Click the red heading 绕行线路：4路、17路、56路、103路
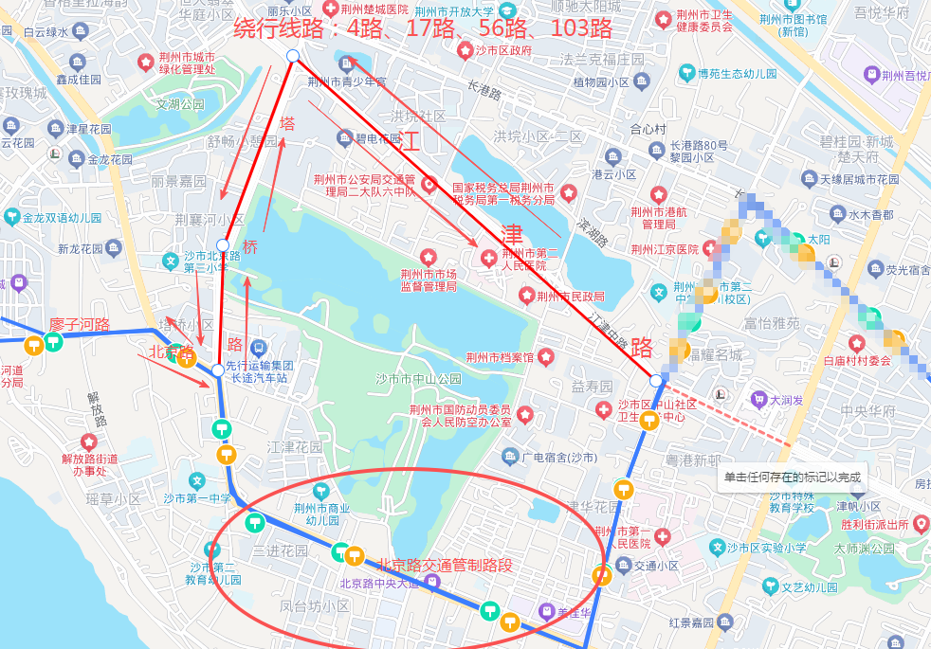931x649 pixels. click(x=423, y=27)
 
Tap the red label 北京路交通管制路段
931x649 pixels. click(x=445, y=566)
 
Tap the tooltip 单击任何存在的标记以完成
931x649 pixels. click(x=793, y=478)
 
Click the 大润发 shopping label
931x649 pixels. click(x=787, y=400)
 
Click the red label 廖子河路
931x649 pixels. click(x=80, y=325)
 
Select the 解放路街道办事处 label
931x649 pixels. click(x=90, y=463)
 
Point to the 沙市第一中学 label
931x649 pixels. click(x=197, y=498)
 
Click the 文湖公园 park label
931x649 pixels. click(x=180, y=104)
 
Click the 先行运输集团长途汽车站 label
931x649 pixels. click(x=259, y=370)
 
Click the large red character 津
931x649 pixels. click(x=512, y=233)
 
